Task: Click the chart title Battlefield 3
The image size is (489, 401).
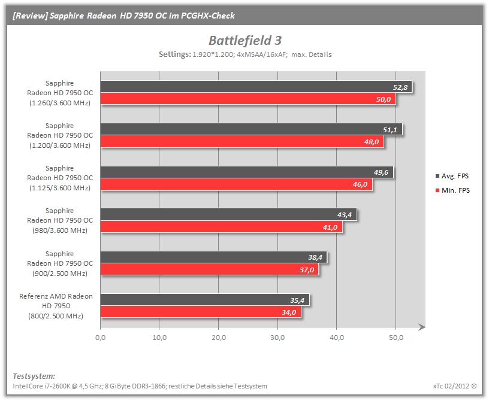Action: pos(245,41)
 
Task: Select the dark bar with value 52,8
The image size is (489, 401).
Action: pos(256,87)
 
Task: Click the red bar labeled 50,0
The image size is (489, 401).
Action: pos(248,99)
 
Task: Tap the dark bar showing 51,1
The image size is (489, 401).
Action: pos(251,129)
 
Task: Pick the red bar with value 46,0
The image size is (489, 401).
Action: pos(236,184)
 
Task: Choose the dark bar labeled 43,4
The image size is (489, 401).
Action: pos(228,215)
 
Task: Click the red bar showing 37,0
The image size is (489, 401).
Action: pos(210,269)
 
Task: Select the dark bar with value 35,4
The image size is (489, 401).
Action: pos(205,300)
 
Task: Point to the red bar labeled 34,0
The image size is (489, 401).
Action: pos(201,312)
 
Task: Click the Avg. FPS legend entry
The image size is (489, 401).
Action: pos(452,176)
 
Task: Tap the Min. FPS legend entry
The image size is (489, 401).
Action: pos(452,190)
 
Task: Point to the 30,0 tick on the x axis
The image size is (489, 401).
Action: pos(277,338)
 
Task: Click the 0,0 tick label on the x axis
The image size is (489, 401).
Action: pos(101,338)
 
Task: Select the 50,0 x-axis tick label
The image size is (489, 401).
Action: pos(396,338)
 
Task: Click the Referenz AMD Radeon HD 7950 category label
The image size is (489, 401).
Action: pos(56,306)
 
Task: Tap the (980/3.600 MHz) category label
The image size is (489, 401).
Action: pos(60,230)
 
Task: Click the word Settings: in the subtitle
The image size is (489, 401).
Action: pos(174,54)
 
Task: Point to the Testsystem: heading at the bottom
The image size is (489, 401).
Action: pos(34,376)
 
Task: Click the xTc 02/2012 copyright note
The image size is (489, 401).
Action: pos(455,386)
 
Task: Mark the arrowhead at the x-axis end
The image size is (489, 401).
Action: pos(422,327)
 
